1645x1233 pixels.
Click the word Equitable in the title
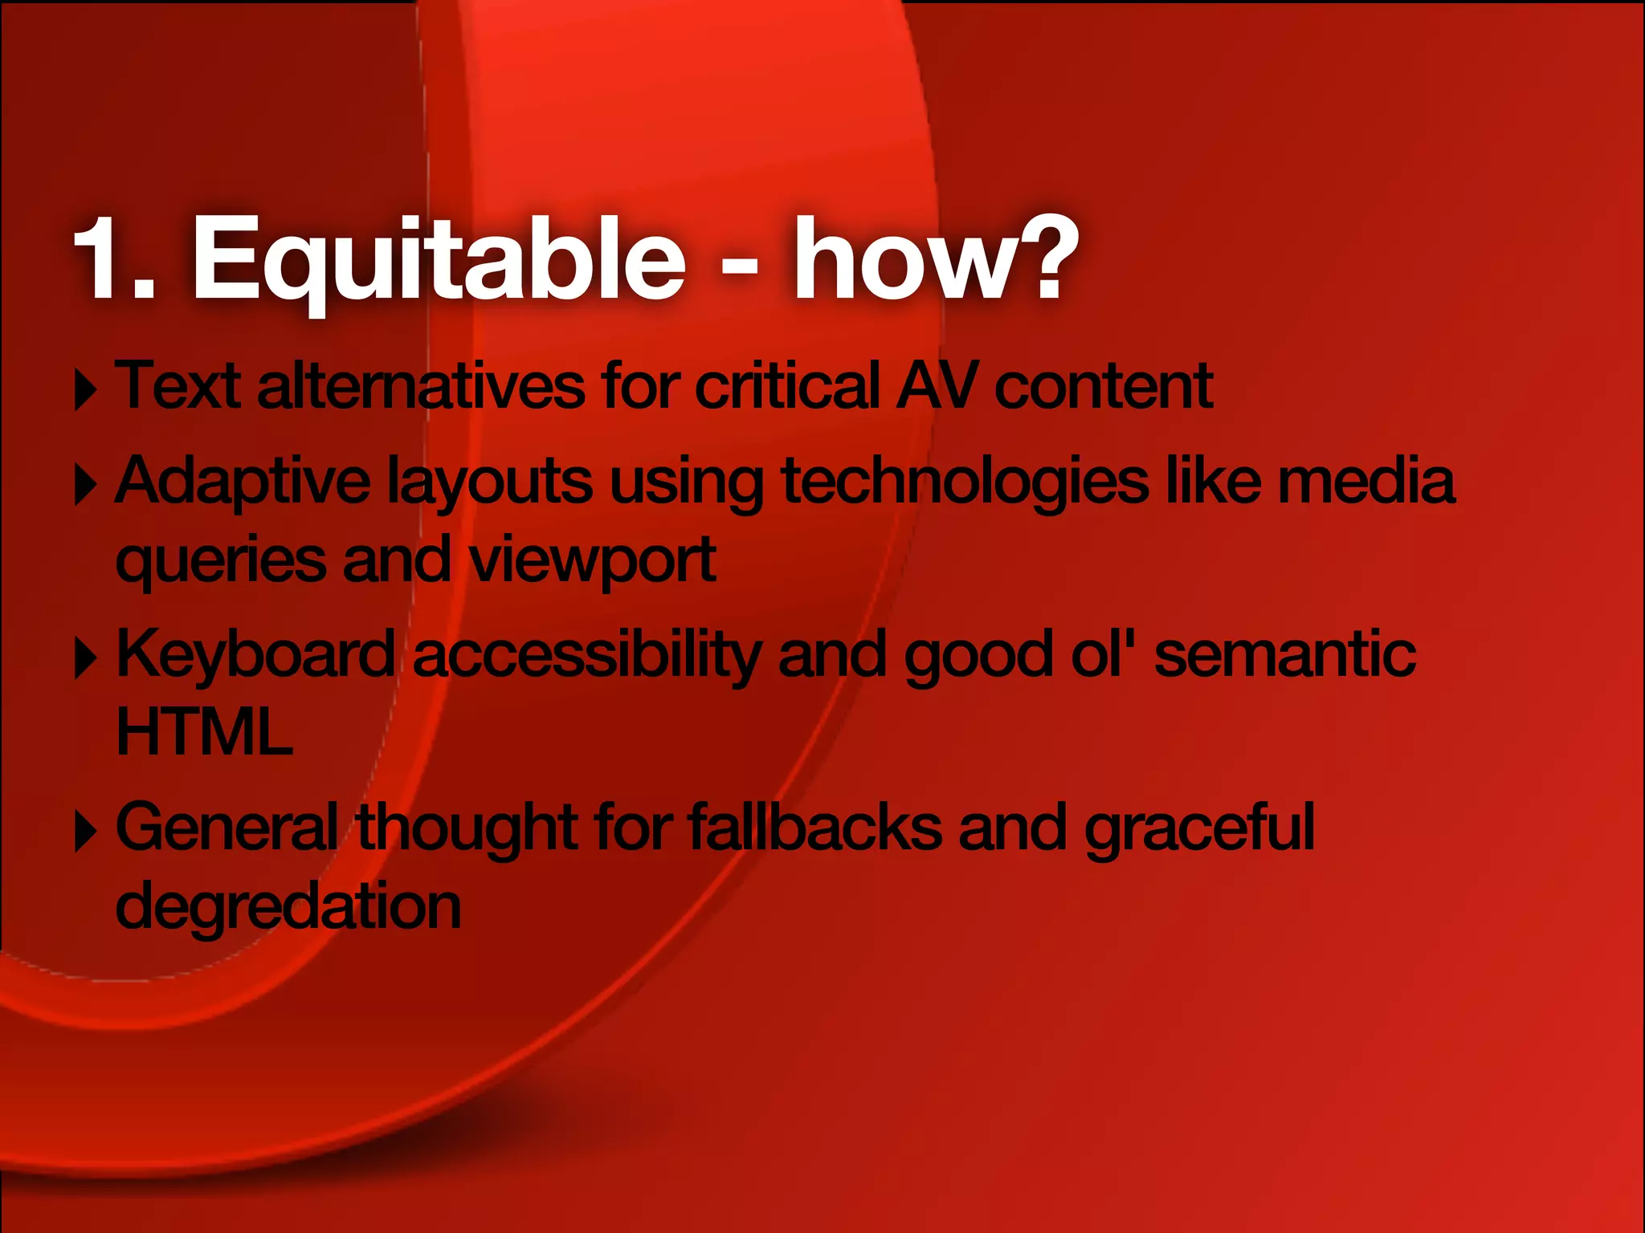[438, 261]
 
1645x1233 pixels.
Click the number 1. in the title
[115, 261]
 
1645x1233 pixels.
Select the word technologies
[965, 482]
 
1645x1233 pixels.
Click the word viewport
[592, 560]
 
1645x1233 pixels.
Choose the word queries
[221, 560]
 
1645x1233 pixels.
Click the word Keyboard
[255, 655]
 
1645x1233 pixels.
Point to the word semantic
[1284, 655]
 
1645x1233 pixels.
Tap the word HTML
[204, 732]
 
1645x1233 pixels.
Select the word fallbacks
[814, 827]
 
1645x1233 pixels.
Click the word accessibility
[586, 655]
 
